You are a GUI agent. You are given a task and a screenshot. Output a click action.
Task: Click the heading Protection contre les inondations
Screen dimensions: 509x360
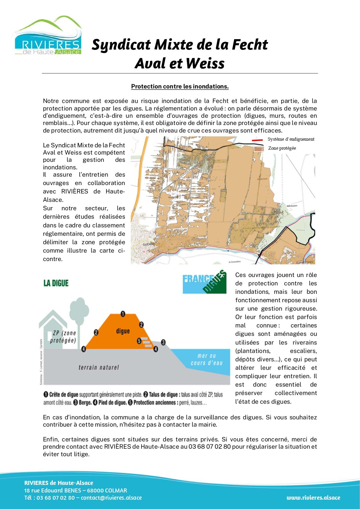pyautogui.click(x=180, y=86)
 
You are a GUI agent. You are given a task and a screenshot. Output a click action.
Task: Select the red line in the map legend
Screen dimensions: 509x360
pyautogui.click(x=257, y=140)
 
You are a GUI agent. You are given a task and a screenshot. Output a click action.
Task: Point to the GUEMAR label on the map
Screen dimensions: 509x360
pyautogui.click(x=149, y=244)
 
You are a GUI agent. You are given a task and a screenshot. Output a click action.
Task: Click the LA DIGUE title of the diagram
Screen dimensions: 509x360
pyautogui.click(x=56, y=283)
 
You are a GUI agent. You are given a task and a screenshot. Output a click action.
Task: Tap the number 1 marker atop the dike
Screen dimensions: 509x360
pyautogui.click(x=123, y=314)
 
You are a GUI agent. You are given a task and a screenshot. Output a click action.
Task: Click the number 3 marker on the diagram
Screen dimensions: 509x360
pyautogui.click(x=163, y=342)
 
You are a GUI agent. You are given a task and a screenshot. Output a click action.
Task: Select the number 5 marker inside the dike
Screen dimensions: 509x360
pyautogui.click(x=139, y=341)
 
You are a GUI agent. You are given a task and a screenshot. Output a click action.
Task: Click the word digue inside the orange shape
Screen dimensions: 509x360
pyautogui.click(x=123, y=331)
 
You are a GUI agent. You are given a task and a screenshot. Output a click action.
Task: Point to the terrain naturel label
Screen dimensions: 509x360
pyautogui.click(x=99, y=367)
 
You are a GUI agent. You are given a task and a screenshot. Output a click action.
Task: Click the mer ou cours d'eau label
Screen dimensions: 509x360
pyautogui.click(x=207, y=359)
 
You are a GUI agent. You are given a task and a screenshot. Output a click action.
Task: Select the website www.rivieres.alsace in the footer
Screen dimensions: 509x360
pyautogui.click(x=313, y=498)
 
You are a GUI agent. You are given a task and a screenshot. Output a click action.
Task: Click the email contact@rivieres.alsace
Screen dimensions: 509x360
pyautogui.click(x=111, y=498)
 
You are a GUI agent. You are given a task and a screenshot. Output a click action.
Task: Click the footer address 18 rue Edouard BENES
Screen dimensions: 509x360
pyautogui.click(x=53, y=490)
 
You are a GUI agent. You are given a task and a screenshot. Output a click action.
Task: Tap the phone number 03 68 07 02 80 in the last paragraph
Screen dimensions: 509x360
pyautogui.click(x=209, y=447)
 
